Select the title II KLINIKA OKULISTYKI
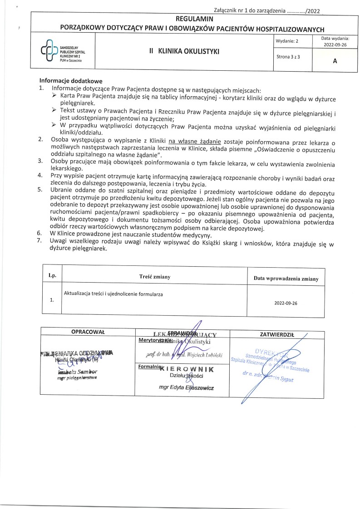(x=184, y=52)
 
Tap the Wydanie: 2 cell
(x=287, y=41)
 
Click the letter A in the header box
(x=335, y=63)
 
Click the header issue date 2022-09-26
(x=335, y=45)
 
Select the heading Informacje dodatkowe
(x=71, y=80)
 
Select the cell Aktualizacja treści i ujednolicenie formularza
(x=114, y=294)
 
